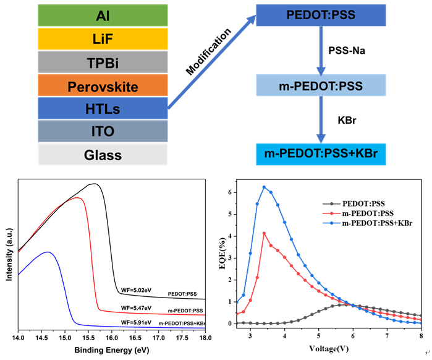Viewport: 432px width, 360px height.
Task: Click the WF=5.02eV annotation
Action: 136,289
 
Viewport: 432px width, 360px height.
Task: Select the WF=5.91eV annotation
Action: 136,323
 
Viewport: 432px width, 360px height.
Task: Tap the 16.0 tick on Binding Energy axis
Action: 112,338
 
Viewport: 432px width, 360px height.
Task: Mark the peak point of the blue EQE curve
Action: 264,187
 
